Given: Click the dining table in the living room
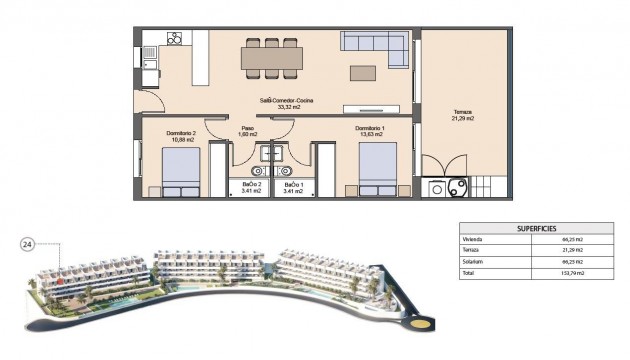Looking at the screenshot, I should [x=271, y=58].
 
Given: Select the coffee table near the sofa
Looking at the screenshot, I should [x=362, y=73].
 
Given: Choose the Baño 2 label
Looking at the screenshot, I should [x=252, y=187].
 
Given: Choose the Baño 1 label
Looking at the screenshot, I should [x=292, y=187].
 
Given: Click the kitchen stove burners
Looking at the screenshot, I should [x=174, y=39].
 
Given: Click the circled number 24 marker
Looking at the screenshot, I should [x=26, y=243].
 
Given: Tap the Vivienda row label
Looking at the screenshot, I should [x=473, y=240].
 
